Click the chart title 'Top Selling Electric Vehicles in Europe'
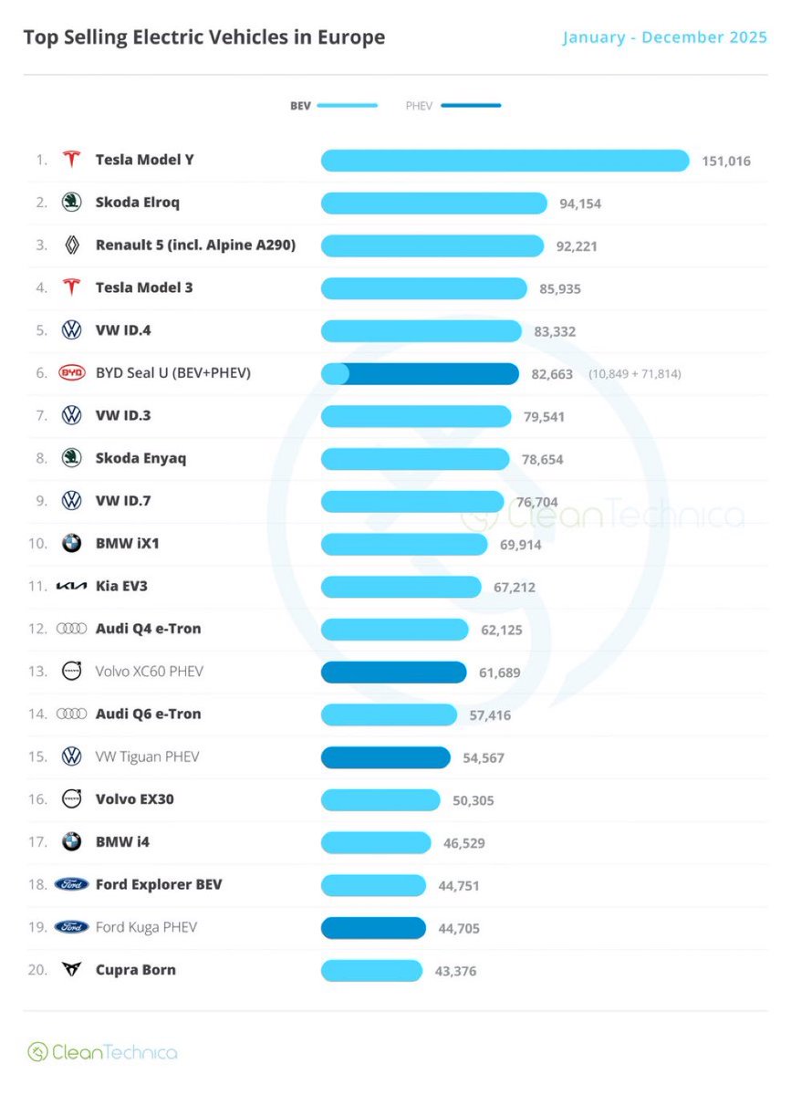[203, 37]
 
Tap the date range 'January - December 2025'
[664, 37]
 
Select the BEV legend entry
[333, 106]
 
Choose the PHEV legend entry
[453, 106]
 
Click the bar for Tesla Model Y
[505, 161]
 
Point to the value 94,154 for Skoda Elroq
[580, 203]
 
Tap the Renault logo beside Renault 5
[71, 245]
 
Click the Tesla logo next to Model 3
[71, 288]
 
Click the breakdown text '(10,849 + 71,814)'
[634, 374]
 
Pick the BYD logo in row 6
[71, 373]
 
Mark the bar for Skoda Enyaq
[415, 459]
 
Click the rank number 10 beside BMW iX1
[37, 544]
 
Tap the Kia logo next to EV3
[71, 587]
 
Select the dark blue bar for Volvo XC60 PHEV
[393, 673]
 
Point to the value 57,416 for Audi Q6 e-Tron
[490, 715]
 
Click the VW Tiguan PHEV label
[147, 757]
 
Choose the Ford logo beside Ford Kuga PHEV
[71, 928]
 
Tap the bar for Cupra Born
[371, 971]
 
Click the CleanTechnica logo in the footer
[102, 1052]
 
